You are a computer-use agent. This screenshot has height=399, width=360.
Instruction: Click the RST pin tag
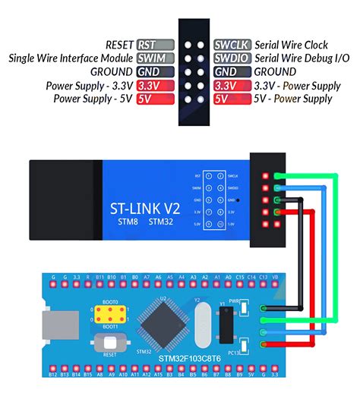(156, 45)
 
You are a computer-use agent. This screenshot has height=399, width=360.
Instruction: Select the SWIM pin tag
(156, 58)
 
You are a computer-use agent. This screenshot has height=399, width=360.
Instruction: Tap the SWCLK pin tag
(232, 45)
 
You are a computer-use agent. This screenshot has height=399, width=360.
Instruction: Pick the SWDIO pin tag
(232, 58)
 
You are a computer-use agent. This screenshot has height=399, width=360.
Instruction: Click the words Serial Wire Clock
(291, 45)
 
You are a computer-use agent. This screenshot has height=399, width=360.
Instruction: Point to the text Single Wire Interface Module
(71, 58)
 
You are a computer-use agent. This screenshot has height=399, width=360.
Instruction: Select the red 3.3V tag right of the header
(232, 86)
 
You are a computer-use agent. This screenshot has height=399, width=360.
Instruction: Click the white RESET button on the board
(110, 341)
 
